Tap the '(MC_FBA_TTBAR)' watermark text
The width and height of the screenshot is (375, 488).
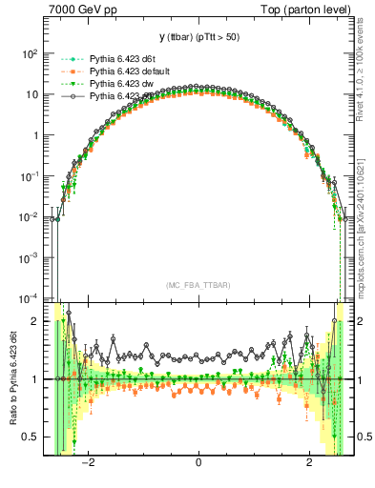click(198, 285)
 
